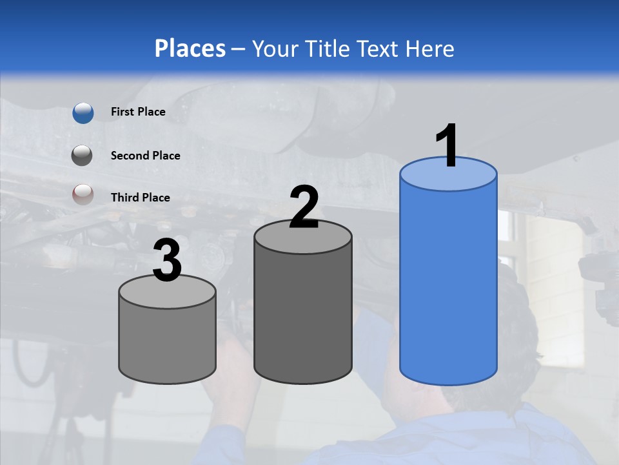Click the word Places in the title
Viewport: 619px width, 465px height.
point(190,48)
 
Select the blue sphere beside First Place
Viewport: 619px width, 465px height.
point(83,112)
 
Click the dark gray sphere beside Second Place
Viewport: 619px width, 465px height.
point(83,156)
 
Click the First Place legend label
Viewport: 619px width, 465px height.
point(138,112)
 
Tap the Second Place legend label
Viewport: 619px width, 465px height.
point(145,156)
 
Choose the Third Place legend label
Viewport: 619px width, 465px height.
point(140,198)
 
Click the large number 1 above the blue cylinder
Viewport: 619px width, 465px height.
point(447,146)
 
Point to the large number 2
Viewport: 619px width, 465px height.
point(304,207)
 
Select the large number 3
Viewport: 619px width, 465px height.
point(168,261)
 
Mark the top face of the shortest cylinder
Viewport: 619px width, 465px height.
point(168,292)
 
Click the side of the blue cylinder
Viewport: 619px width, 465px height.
point(448,284)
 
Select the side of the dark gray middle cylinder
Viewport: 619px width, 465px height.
point(303,310)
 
